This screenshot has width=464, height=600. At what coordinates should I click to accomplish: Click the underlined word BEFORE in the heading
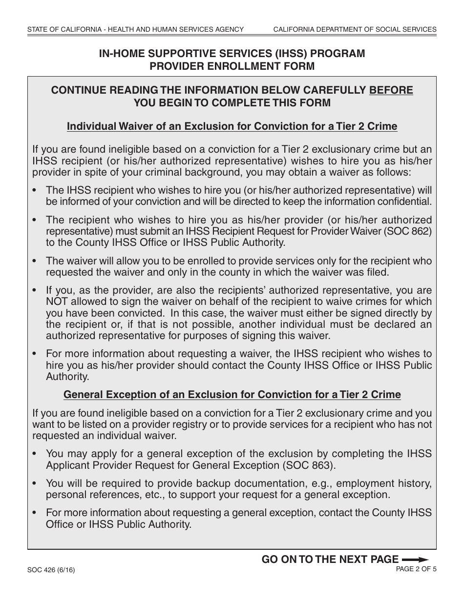(391, 90)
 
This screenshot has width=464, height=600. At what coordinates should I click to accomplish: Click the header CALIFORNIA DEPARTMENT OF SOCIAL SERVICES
(355, 30)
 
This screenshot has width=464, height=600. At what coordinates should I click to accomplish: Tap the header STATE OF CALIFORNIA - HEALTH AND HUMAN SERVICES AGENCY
(135, 30)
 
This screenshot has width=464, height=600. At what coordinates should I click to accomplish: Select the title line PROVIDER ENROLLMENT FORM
(232, 66)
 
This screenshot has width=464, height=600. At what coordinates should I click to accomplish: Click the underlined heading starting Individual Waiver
(232, 127)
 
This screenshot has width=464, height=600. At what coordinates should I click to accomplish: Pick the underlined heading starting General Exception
(232, 395)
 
